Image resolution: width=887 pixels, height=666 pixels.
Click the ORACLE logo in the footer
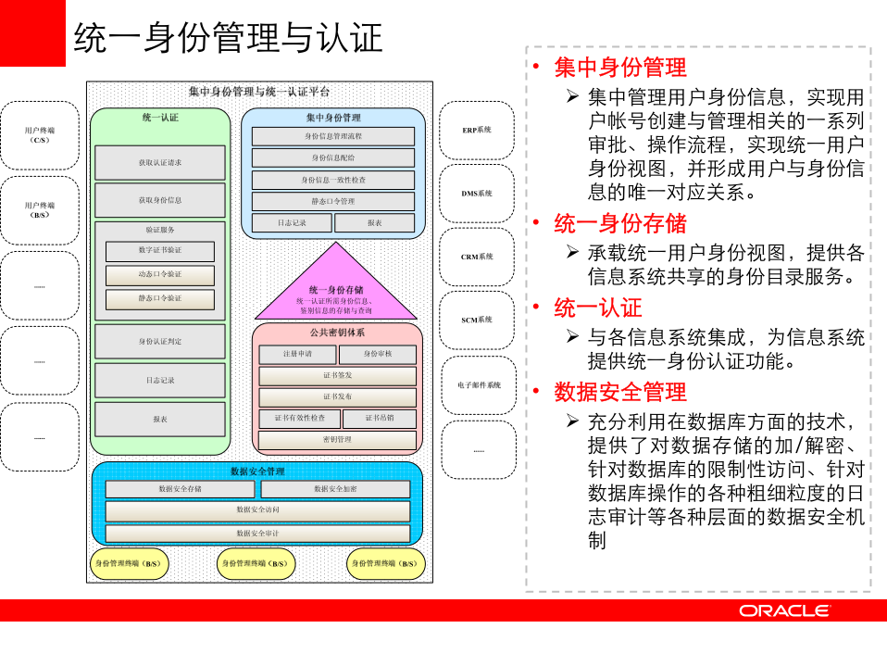(783, 610)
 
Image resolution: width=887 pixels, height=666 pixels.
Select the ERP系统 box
(477, 130)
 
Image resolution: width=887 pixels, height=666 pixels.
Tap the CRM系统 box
(477, 257)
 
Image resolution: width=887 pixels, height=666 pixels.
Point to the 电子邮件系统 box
(478, 384)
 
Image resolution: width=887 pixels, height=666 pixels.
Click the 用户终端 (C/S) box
(40, 135)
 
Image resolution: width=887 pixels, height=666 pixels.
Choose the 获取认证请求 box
(160, 163)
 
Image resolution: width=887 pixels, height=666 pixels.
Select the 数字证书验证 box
(160, 251)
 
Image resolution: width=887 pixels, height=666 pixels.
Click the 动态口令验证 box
(160, 275)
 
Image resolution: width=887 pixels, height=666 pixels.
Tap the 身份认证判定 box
(160, 342)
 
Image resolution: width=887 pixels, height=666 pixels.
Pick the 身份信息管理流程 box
(333, 136)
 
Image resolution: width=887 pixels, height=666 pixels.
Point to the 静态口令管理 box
(333, 201)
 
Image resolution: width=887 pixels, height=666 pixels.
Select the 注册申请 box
(297, 354)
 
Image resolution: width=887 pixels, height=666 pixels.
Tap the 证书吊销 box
(379, 419)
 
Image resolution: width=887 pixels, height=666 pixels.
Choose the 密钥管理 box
(336, 439)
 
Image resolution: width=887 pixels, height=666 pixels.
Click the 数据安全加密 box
(335, 489)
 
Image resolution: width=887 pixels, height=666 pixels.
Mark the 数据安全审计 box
(257, 534)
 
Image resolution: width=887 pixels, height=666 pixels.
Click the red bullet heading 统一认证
(597, 308)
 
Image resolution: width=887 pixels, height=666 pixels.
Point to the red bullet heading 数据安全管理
(619, 392)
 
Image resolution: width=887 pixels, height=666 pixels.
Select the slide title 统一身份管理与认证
(228, 38)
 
